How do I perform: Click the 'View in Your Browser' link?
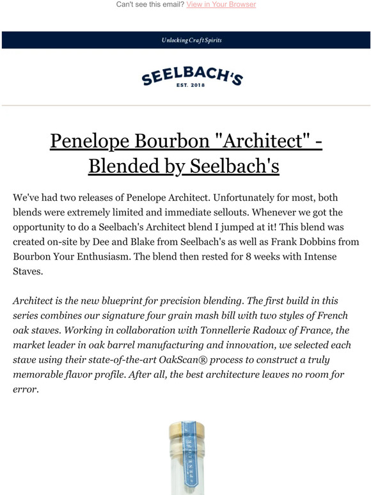coord(221,4)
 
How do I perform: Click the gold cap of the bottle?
coord(185,428)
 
